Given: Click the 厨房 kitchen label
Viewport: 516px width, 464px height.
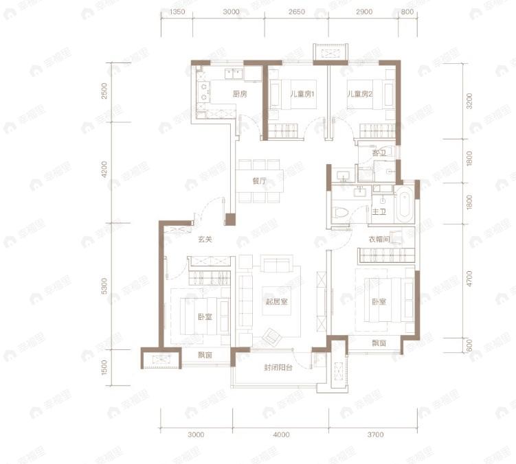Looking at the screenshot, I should [x=240, y=94].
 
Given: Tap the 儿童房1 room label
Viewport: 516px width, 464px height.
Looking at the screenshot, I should [x=302, y=94].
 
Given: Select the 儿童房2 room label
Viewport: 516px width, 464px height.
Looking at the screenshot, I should [x=359, y=94].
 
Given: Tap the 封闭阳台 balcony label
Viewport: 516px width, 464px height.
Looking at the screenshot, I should [x=278, y=368].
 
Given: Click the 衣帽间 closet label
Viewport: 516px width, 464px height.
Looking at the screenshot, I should [x=379, y=240].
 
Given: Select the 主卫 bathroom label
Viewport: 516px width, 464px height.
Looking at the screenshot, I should [x=379, y=212].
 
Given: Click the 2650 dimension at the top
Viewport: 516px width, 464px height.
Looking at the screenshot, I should [x=297, y=12].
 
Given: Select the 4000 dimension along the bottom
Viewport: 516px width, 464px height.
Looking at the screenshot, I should [x=281, y=434].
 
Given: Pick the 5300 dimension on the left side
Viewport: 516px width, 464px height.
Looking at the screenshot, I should [x=104, y=286].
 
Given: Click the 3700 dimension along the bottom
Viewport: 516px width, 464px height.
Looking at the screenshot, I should [x=372, y=434].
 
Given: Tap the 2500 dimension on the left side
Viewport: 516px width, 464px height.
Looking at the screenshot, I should [x=104, y=91].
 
